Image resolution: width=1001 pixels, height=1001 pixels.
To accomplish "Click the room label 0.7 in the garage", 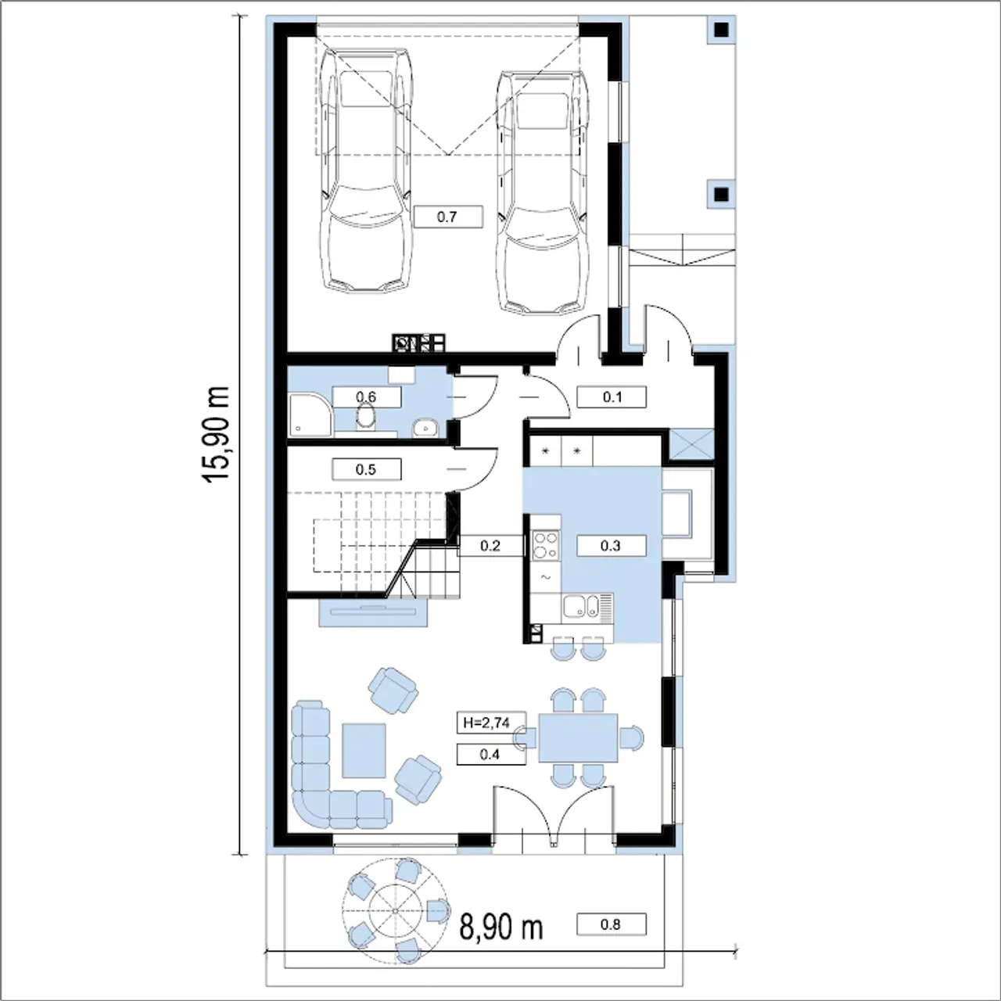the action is (x=448, y=217).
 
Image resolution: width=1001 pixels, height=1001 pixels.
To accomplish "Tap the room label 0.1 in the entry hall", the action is (x=612, y=396).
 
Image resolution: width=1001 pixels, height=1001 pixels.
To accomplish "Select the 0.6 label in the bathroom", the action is (x=366, y=396).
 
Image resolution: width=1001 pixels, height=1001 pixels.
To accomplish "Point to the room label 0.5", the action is (x=366, y=469).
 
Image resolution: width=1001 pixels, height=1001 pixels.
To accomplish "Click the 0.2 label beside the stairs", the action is (x=490, y=545).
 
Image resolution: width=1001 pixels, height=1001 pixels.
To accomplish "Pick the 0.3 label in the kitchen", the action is (x=611, y=545).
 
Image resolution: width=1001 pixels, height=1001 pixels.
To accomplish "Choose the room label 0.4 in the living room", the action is (x=490, y=754).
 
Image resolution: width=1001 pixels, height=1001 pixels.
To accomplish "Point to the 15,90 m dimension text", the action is (x=217, y=435).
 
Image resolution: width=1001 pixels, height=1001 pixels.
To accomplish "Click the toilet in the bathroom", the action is (x=366, y=416).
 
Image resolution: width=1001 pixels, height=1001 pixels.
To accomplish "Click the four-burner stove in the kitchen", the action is (x=546, y=545).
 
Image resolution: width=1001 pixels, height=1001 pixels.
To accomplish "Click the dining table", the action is (x=578, y=737).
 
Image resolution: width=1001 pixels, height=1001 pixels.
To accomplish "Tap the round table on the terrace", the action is (x=395, y=912).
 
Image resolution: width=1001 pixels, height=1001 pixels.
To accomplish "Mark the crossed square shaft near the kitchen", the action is (x=693, y=444).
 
